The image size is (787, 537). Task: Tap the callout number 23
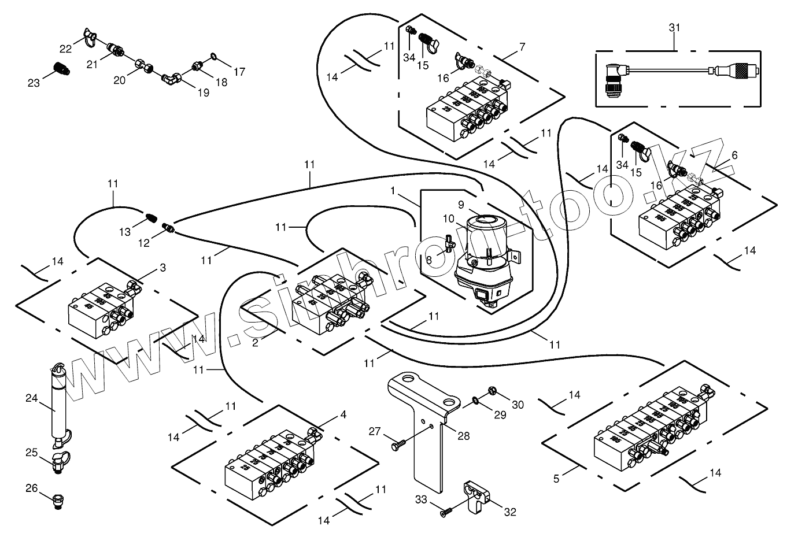pyautogui.click(x=34, y=83)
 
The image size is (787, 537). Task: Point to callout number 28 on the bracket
pyautogui.click(x=464, y=435)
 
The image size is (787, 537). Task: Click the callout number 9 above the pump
pyautogui.click(x=461, y=204)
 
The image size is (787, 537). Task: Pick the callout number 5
pyautogui.click(x=556, y=479)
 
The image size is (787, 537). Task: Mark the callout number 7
pyautogui.click(x=522, y=46)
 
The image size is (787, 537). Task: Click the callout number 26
pyautogui.click(x=31, y=488)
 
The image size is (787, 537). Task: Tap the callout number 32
pyautogui.click(x=510, y=512)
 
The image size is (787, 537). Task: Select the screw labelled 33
pyautogui.click(x=446, y=511)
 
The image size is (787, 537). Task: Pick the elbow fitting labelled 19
pyautogui.click(x=170, y=77)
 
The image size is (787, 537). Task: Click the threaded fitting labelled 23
pyautogui.click(x=61, y=68)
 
